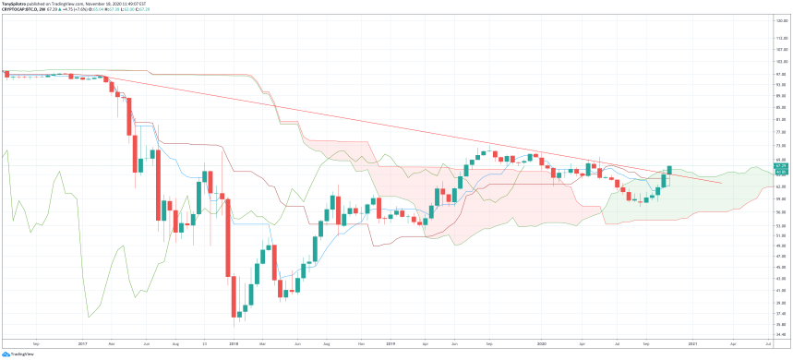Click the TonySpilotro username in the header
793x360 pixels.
[16, 4]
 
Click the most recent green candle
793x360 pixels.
[668, 172]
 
